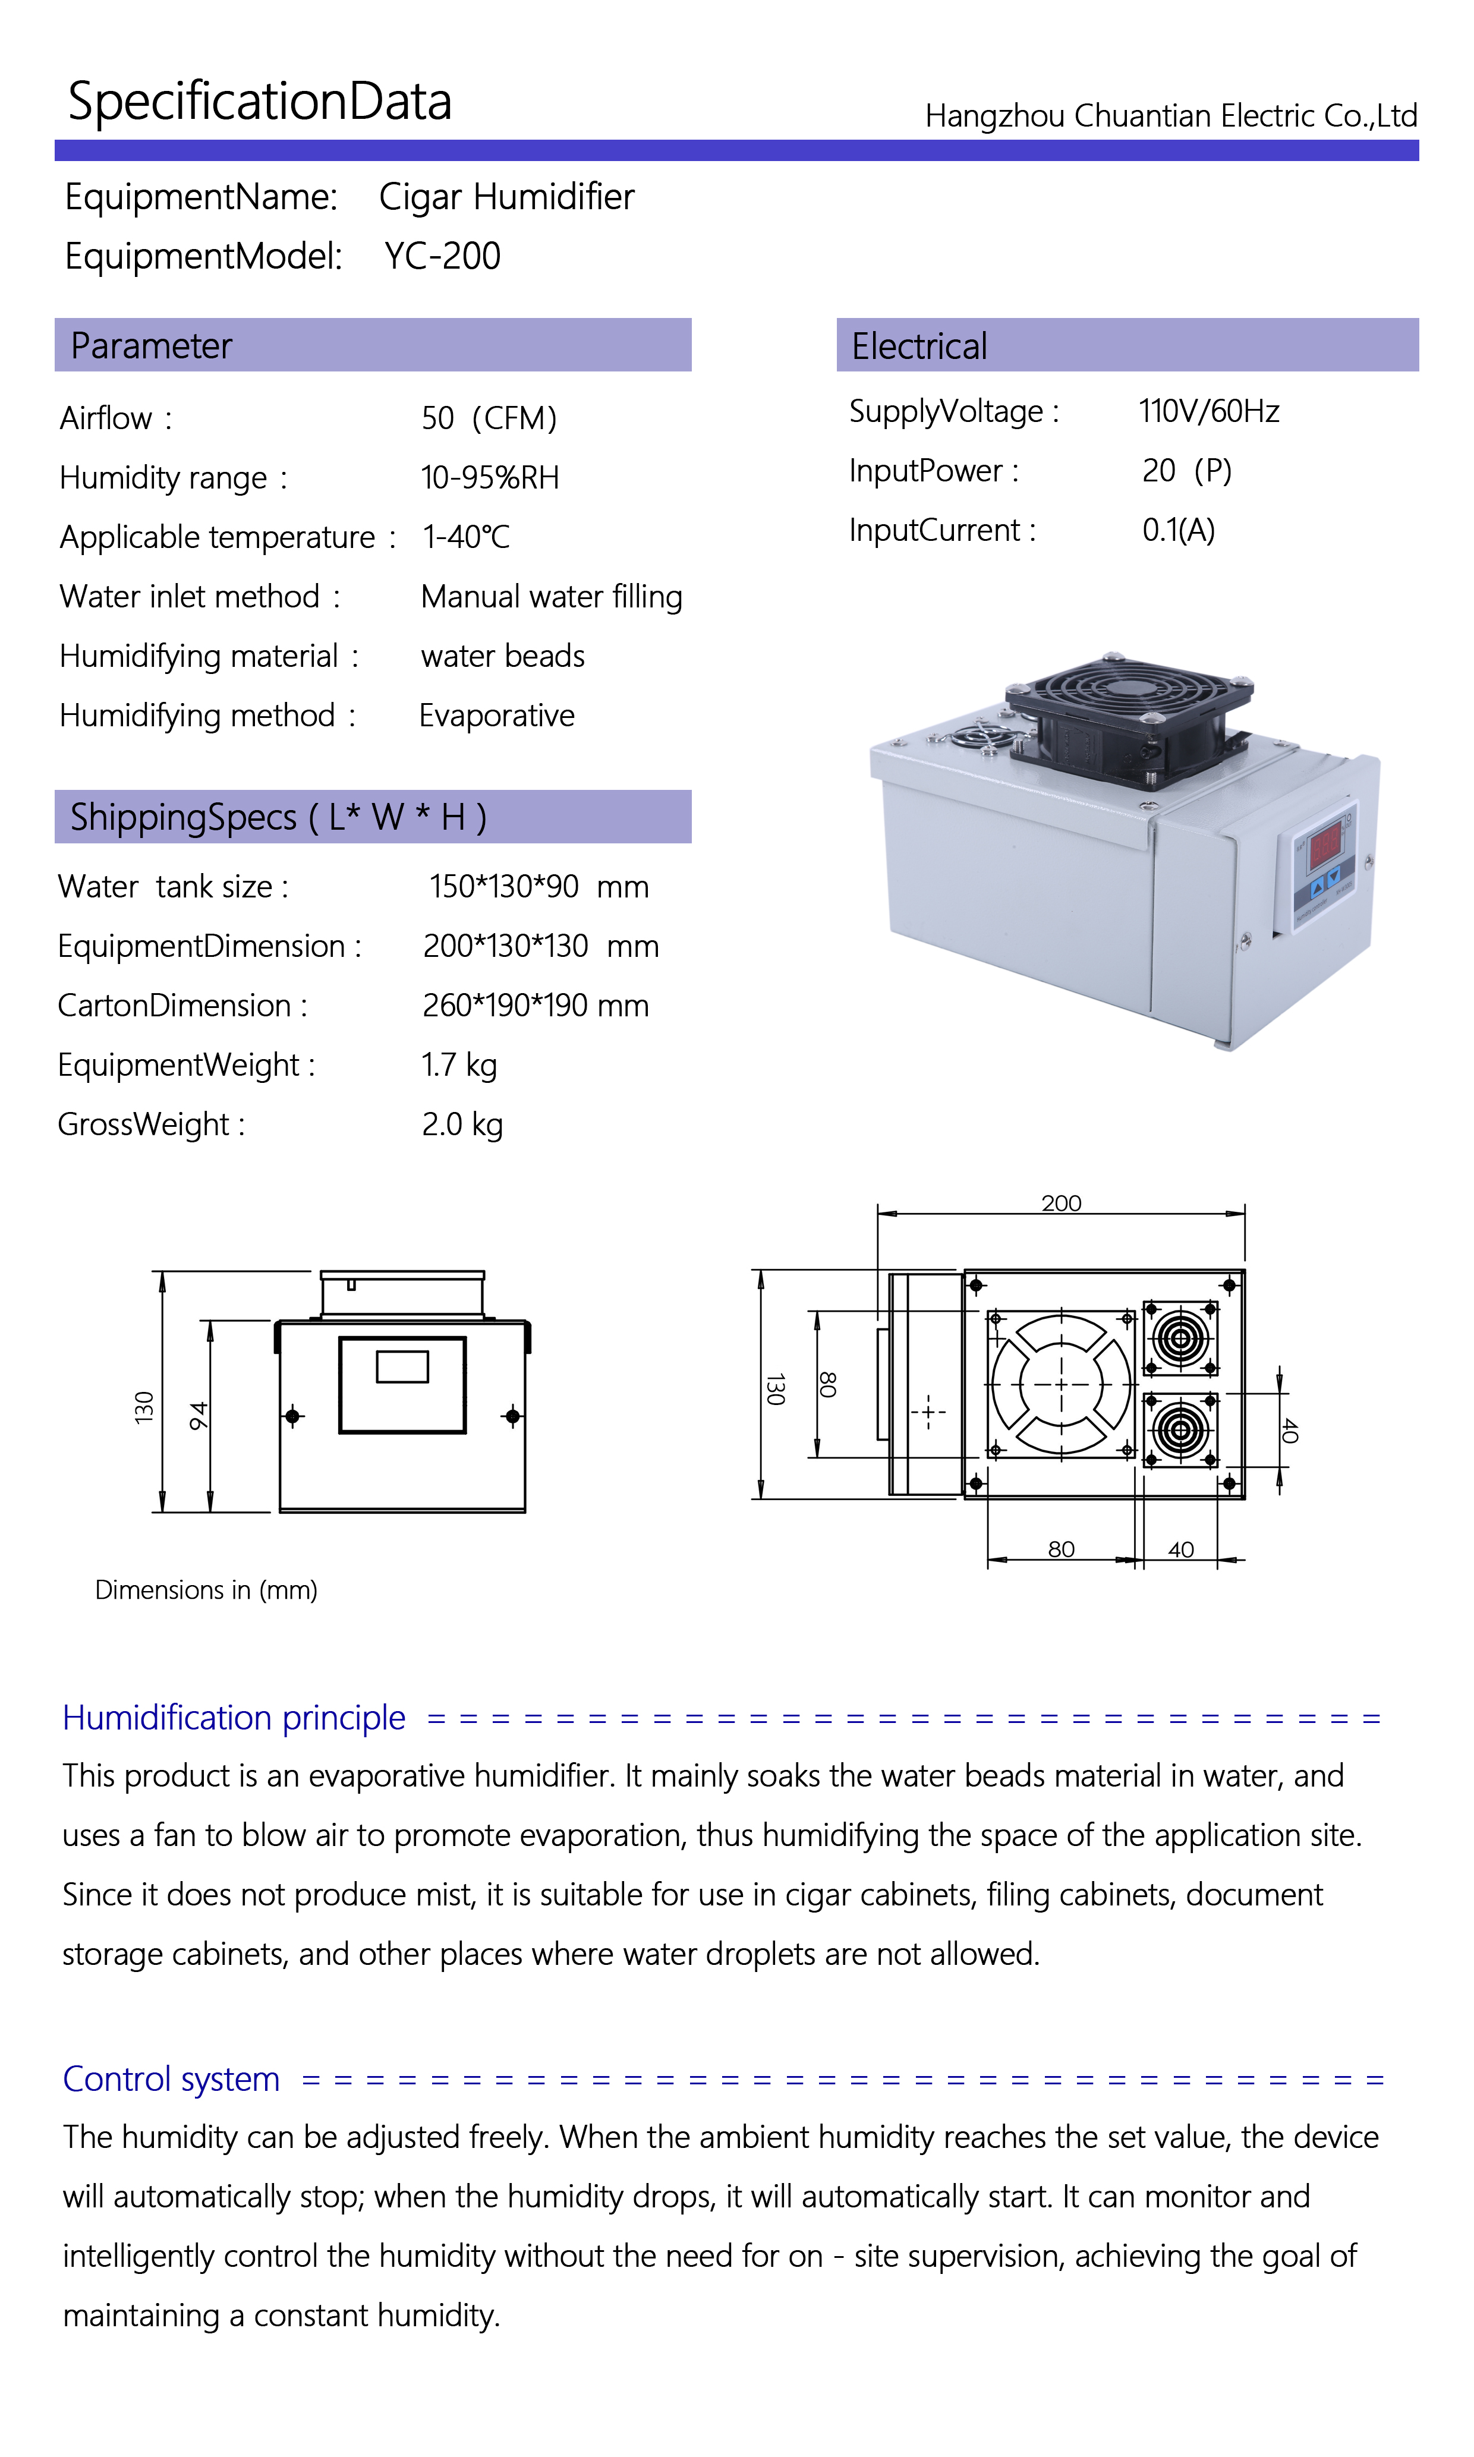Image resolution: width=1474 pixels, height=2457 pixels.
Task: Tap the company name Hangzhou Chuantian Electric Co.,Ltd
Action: pyautogui.click(x=1171, y=116)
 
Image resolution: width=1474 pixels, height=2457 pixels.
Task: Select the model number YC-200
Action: pyautogui.click(x=443, y=256)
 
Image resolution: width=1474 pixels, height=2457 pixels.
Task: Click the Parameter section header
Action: pyautogui.click(x=151, y=346)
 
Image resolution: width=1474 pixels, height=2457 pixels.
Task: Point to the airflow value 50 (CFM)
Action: pyautogui.click(x=489, y=418)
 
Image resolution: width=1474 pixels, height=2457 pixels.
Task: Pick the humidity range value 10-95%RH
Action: pyautogui.click(x=490, y=478)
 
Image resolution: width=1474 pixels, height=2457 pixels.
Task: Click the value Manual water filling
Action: pyautogui.click(x=551, y=597)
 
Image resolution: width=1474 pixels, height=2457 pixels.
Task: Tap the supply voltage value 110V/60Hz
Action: pyautogui.click(x=1209, y=411)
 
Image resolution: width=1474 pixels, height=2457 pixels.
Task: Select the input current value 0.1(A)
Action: pyautogui.click(x=1178, y=530)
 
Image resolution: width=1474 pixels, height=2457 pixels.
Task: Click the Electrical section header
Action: pyautogui.click(x=919, y=346)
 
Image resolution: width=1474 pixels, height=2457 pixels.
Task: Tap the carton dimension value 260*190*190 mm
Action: pyautogui.click(x=536, y=1006)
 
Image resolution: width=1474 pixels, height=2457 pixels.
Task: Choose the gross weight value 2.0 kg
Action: pyautogui.click(x=462, y=1125)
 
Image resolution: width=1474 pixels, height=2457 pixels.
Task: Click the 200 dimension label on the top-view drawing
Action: pyautogui.click(x=1061, y=1203)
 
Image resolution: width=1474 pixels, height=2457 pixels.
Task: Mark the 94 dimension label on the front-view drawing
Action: pyautogui.click(x=199, y=1416)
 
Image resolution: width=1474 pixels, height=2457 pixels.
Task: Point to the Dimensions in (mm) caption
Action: pyautogui.click(x=206, y=1590)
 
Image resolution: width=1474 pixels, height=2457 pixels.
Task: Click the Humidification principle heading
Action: pyautogui.click(x=234, y=1717)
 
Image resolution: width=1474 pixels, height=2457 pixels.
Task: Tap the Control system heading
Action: pyautogui.click(x=171, y=2078)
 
